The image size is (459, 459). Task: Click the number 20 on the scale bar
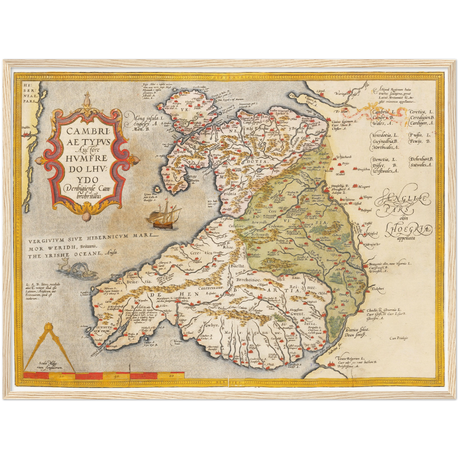coord(61,376)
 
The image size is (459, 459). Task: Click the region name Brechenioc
coord(248,280)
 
